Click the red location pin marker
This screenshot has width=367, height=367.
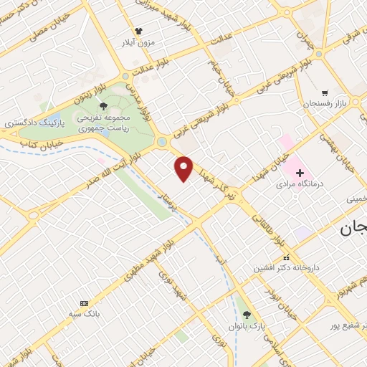[x=185, y=168]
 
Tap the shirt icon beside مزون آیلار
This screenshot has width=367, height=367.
[x=139, y=31]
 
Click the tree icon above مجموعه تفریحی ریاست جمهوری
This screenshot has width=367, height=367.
[x=105, y=107]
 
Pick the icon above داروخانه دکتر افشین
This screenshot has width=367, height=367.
[x=286, y=257]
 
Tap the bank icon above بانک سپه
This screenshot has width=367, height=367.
[x=85, y=303]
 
